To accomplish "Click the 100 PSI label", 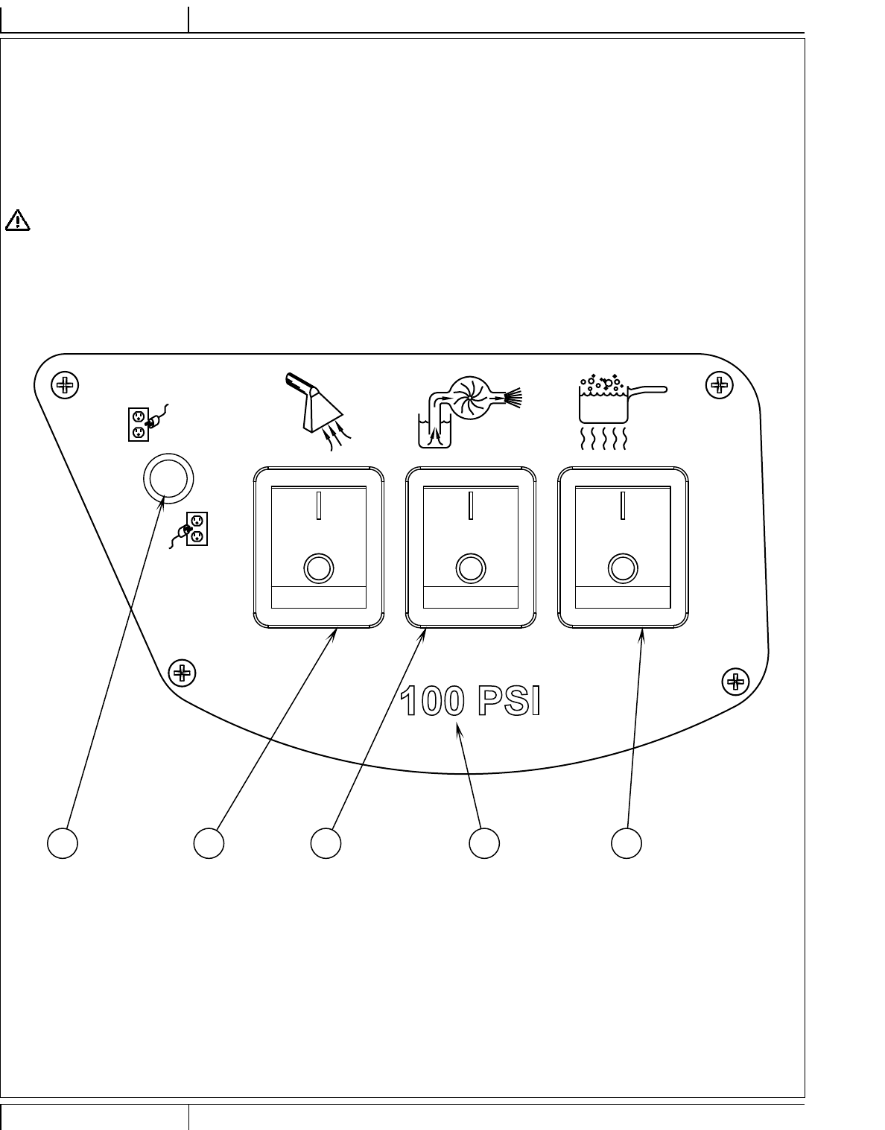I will [469, 702].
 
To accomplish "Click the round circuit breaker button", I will [168, 477].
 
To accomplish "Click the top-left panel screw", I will [66, 385].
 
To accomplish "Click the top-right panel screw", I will [719, 385].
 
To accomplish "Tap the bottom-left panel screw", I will [182, 673].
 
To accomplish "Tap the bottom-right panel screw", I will [736, 681].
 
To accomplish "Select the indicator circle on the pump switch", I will [470, 568].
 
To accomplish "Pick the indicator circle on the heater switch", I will [623, 568].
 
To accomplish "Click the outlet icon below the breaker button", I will [191, 530].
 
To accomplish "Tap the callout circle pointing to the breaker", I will [63, 843].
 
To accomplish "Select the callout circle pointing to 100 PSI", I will [484, 843].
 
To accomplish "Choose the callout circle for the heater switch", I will [627, 843].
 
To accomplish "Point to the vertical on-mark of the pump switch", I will [471, 506].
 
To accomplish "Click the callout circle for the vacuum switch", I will [209, 843].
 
